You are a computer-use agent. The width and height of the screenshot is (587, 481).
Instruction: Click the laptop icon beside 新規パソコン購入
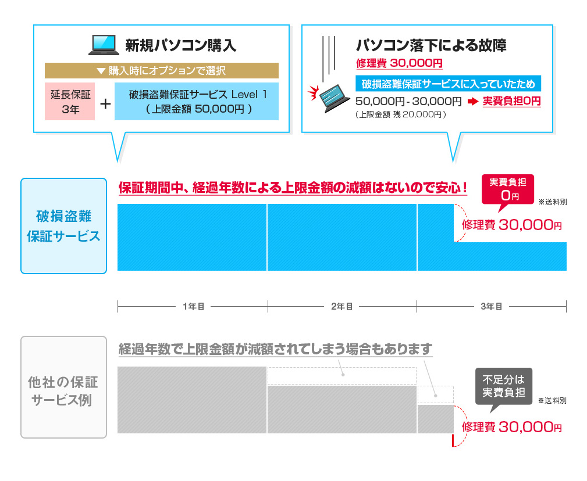point(104,45)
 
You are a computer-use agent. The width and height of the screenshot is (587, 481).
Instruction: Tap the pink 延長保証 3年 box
point(70,101)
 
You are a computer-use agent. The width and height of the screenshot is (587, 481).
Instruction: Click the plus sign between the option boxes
point(105,103)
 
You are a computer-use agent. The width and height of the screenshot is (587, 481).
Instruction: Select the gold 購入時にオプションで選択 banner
point(161,70)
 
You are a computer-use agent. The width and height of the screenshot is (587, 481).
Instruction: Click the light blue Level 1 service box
point(197,101)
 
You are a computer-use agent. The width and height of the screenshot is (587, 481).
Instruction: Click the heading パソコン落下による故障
point(431,45)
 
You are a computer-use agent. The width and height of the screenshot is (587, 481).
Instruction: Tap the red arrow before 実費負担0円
point(472,101)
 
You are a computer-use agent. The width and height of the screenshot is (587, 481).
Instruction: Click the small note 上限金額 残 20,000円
point(401,114)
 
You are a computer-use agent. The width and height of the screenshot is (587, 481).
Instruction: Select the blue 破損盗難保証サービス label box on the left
point(63,226)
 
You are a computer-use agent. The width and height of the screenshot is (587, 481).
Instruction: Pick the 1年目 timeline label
point(194,307)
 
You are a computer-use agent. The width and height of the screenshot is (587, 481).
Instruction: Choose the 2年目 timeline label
point(342,307)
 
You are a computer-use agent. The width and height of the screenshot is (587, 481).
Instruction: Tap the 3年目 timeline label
point(491,307)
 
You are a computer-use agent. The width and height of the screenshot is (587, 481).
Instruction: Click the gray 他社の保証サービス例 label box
point(63,387)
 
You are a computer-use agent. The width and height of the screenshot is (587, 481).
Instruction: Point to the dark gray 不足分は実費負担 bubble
point(504,388)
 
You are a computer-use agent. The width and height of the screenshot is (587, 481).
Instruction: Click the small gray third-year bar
point(435,419)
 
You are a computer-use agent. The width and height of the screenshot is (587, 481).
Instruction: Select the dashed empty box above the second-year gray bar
point(342,376)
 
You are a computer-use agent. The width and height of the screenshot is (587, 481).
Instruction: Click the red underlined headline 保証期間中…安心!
point(293,188)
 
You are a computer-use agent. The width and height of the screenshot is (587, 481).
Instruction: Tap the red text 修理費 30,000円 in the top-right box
point(399,63)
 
